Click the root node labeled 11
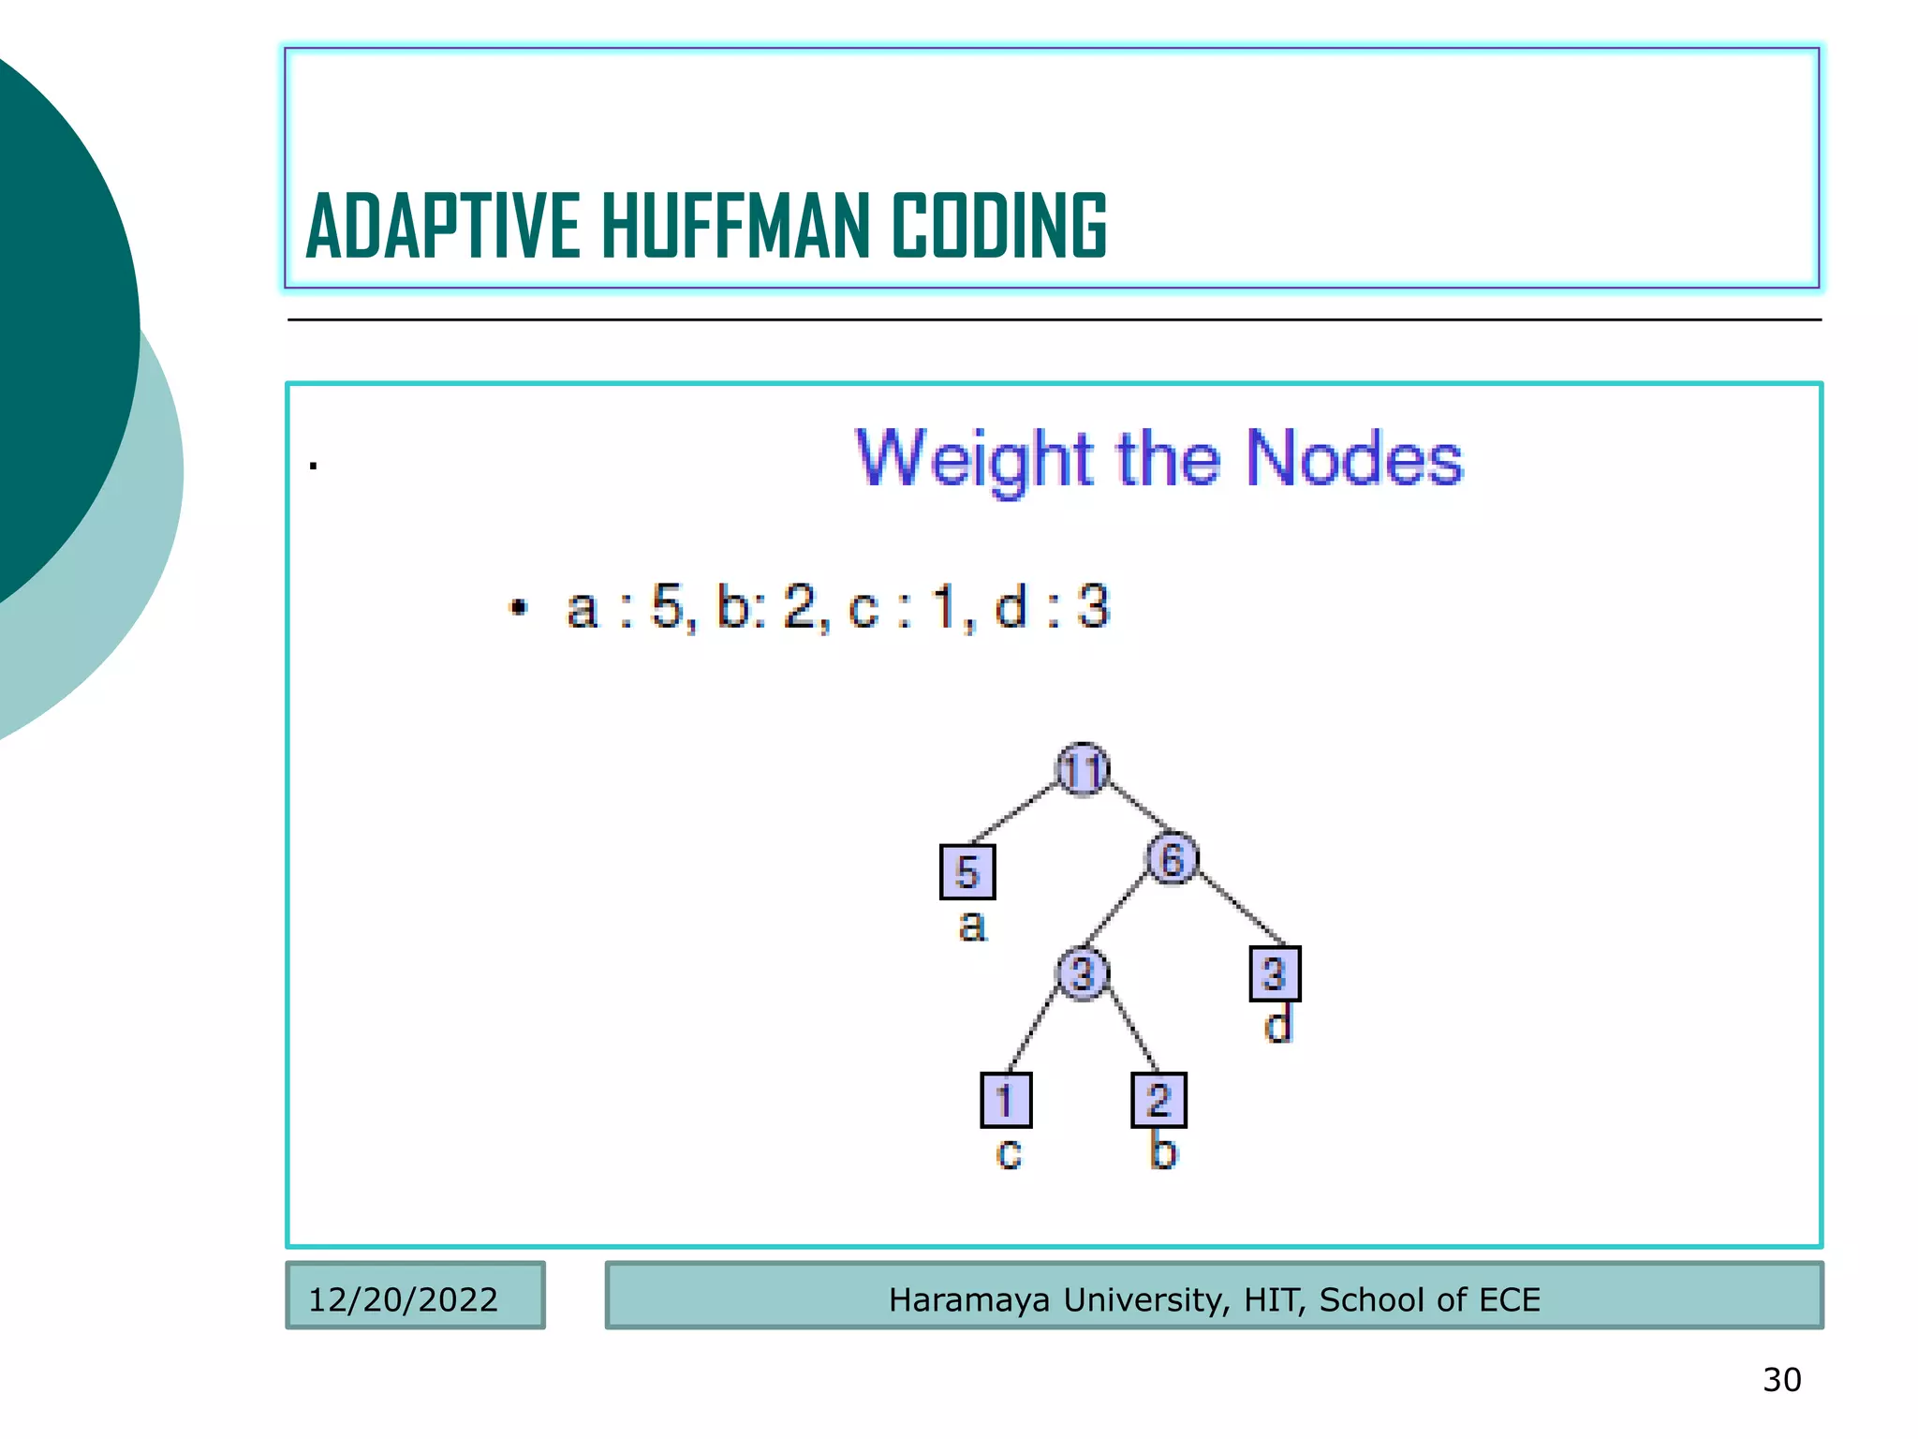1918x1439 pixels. point(1083,770)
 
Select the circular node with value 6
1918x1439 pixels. point(1172,858)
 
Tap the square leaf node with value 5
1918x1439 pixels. point(967,872)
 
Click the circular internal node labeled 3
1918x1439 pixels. point(1083,973)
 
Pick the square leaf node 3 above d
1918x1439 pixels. point(1275,973)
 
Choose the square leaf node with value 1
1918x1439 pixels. point(1006,1100)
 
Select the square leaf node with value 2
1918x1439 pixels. point(1159,1100)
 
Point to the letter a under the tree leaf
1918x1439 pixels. point(973,926)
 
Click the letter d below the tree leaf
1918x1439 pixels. point(1278,1024)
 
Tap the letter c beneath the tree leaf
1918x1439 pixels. point(1009,1153)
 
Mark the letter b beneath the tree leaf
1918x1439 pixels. point(1162,1150)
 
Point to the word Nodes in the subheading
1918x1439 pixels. point(1353,459)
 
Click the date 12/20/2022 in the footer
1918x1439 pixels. point(403,1299)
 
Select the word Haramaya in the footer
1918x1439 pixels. point(968,1300)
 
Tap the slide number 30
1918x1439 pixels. point(1781,1380)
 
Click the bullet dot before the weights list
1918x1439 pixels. point(519,607)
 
